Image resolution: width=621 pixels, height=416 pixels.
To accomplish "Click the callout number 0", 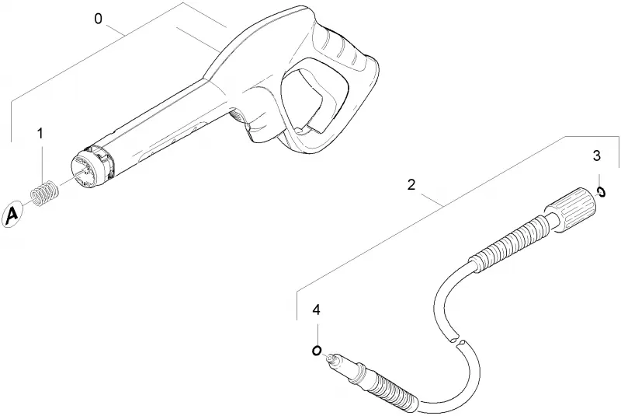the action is pos(99,19).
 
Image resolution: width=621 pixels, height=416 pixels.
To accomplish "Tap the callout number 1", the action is pos(40,134).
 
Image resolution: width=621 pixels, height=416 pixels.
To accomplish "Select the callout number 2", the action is pos(411,184).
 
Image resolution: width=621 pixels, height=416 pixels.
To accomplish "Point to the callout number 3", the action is pos(597,156).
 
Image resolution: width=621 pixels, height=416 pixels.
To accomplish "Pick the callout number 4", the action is pos(316,309).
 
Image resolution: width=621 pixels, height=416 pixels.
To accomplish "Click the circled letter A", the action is pos(12,215).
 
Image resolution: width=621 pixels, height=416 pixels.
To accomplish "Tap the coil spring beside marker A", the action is pos(45,193).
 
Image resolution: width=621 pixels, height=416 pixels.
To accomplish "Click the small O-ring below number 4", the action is pos(317,351).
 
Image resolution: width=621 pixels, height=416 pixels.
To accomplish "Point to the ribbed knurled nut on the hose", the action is pos(571,208).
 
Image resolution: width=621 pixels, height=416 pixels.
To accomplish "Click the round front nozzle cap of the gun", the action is pos(92,167).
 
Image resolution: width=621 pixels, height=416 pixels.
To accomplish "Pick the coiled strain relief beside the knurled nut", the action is pos(509,243).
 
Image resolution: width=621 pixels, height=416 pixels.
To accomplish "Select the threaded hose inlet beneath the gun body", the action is pos(237,117).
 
